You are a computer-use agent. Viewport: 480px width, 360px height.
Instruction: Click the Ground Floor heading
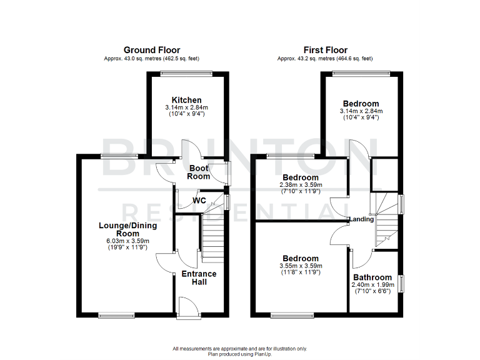click(x=152, y=50)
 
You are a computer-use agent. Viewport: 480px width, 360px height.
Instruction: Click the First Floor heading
click(x=326, y=50)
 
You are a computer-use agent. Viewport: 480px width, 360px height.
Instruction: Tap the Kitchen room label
click(x=187, y=100)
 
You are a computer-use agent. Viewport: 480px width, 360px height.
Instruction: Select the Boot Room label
click(x=199, y=172)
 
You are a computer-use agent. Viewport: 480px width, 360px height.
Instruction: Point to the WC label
click(x=199, y=201)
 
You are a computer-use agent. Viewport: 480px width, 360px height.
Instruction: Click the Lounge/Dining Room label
click(x=122, y=229)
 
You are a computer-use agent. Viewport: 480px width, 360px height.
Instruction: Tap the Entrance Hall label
click(x=199, y=277)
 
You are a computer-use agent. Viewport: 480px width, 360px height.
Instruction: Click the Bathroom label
click(x=372, y=277)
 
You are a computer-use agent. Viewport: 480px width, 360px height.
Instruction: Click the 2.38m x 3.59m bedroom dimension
click(x=301, y=185)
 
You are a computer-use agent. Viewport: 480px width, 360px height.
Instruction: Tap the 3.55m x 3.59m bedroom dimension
click(x=301, y=266)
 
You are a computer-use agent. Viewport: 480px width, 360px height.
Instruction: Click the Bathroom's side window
click(x=402, y=282)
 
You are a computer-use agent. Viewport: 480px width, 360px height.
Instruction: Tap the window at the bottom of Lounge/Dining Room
click(x=117, y=314)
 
